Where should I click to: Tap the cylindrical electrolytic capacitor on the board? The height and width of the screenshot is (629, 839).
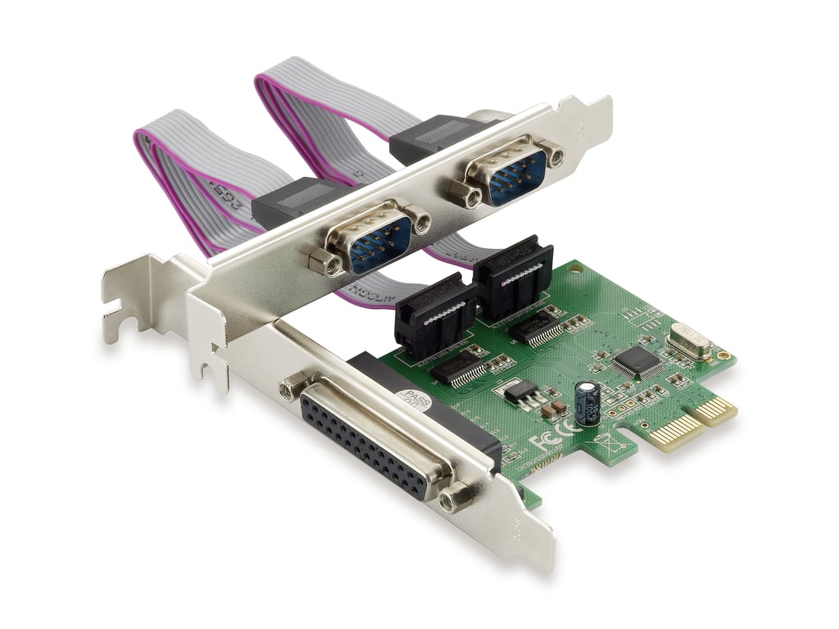click(587, 401)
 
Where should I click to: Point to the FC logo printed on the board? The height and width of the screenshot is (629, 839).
click(542, 441)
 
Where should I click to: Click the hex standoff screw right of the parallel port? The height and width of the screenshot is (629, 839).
click(456, 496)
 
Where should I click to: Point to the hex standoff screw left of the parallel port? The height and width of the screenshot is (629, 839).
click(293, 385)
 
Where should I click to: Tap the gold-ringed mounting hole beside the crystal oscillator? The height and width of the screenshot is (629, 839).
click(723, 355)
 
